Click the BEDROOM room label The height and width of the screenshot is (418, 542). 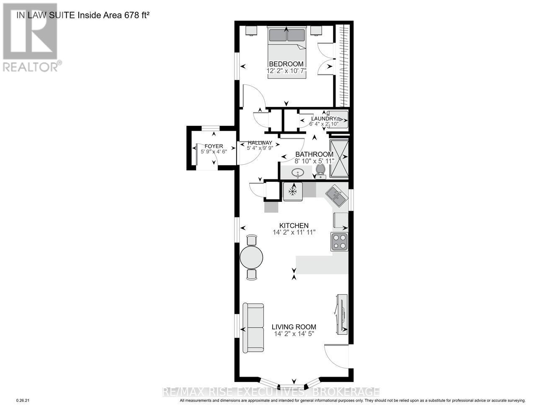coord(286,64)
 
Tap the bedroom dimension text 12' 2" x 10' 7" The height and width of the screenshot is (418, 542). coord(287,71)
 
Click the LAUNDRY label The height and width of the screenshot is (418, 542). coord(323,119)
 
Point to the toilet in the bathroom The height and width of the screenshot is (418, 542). coord(320,171)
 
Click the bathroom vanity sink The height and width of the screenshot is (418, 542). coord(297,172)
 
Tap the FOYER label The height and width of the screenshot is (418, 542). coord(214,146)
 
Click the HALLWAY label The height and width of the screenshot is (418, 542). coord(260,143)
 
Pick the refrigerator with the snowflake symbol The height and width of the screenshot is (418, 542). coord(293,191)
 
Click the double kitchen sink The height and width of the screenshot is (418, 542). coord(336,196)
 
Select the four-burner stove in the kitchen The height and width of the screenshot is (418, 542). coord(339,242)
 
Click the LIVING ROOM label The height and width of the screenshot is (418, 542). coord(294,327)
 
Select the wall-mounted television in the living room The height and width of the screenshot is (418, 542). coord(341,314)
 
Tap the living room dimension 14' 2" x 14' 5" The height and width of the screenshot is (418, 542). coord(294,334)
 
